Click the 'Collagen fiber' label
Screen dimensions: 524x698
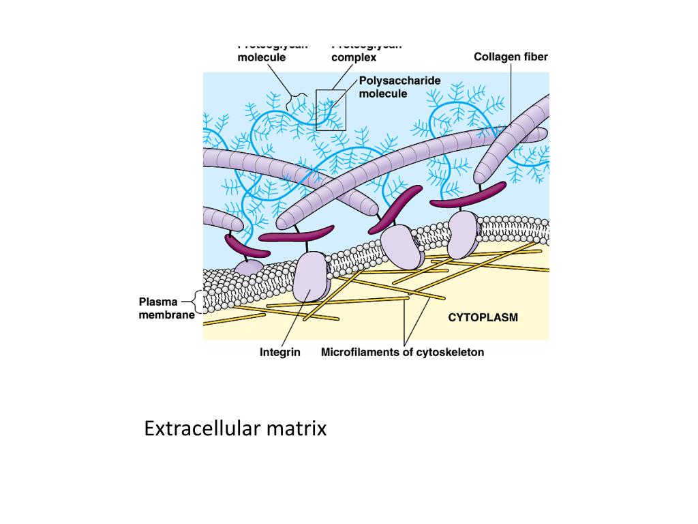coord(511,57)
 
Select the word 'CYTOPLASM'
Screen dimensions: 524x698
coord(483,317)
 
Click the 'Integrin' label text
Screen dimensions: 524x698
coord(279,353)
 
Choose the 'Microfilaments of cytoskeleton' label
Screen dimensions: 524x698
coord(402,353)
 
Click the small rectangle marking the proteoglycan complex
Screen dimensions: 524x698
coord(331,110)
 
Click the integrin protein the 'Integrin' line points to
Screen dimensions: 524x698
coord(311,276)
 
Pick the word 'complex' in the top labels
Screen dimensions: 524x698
coord(354,57)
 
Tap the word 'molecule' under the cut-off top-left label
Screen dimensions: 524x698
coord(261,57)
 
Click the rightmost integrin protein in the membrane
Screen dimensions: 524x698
coord(464,233)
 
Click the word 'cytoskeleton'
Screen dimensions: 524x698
coord(451,353)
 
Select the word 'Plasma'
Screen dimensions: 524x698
coord(158,302)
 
